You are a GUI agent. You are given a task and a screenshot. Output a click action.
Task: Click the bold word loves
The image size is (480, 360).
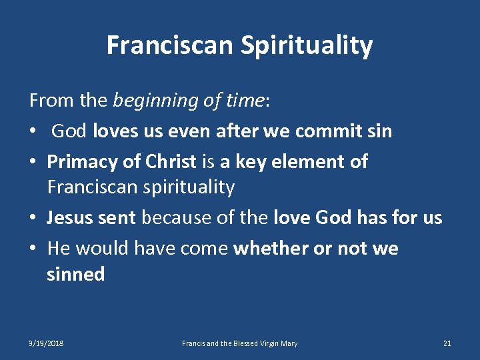coord(117,131)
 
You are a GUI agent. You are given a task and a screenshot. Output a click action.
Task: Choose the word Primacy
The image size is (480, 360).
coord(83,161)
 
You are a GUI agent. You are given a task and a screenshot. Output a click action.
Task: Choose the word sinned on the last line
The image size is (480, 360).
coord(76,274)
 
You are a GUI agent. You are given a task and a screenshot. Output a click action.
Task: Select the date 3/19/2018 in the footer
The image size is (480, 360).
coord(46,343)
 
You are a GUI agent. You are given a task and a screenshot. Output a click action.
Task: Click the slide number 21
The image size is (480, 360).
coord(447,343)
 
